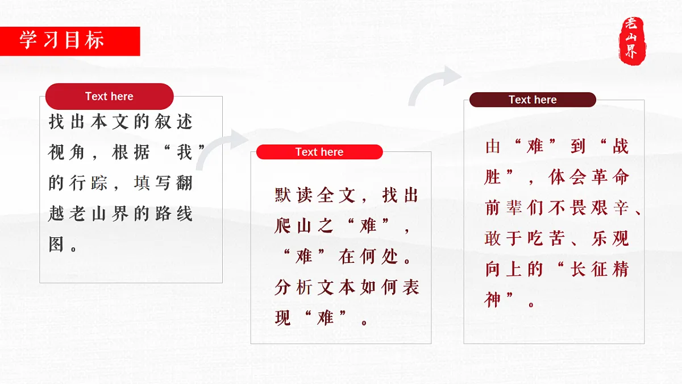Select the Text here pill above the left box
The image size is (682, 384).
pos(109,96)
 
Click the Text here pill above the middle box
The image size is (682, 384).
pos(319,152)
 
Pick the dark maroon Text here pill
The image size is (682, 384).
pos(533,100)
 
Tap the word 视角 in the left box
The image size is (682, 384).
pos(66,152)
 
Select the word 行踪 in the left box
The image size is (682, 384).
pos(89,183)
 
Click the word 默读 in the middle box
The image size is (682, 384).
pos(293,196)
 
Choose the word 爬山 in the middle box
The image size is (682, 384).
pos(293,226)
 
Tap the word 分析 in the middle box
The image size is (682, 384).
pos(293,287)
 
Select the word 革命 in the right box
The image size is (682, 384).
pos(610,177)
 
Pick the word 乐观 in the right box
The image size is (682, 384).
pos(610,238)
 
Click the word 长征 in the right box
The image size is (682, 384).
pos(589,269)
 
